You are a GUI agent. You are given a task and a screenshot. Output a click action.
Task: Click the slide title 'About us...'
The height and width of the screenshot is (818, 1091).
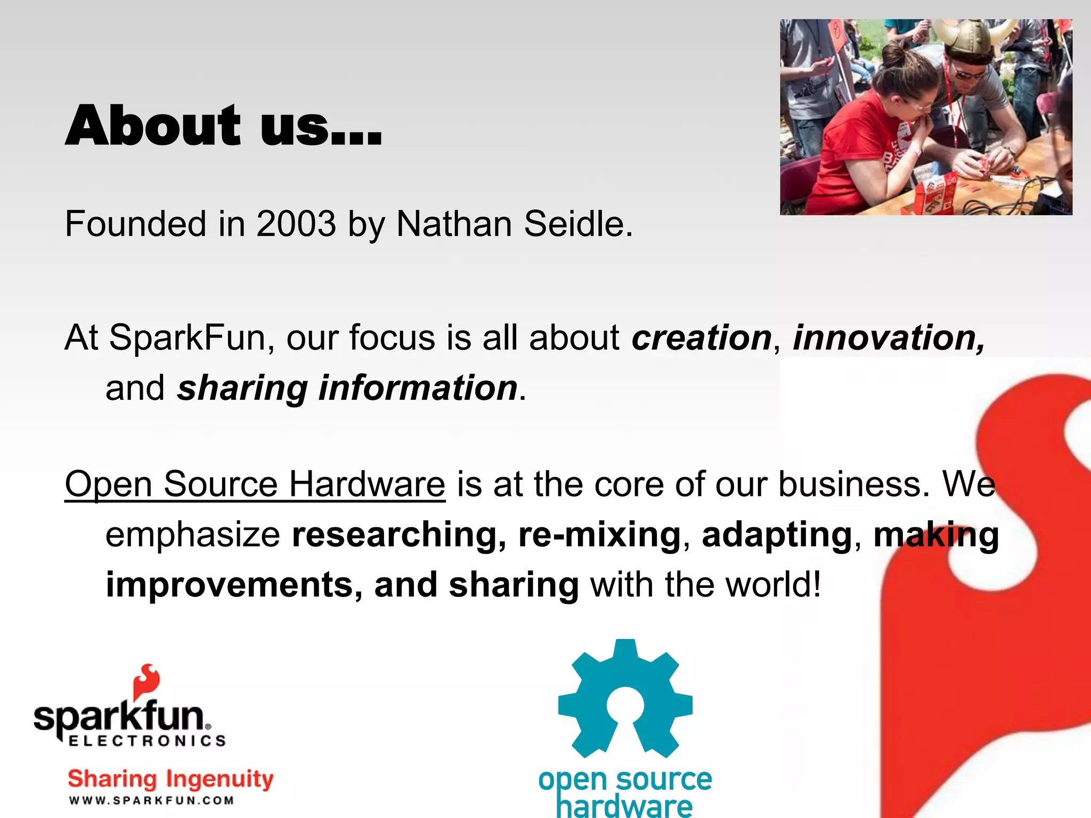tap(224, 126)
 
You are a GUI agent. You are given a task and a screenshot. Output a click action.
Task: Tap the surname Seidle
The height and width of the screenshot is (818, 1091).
tap(578, 224)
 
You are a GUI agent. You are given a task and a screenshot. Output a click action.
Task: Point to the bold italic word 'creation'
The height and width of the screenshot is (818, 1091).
tap(702, 338)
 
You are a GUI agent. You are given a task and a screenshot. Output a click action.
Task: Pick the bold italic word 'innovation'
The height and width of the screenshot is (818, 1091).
tap(889, 338)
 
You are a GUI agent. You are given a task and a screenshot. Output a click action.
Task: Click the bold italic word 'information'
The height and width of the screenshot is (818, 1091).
tap(418, 388)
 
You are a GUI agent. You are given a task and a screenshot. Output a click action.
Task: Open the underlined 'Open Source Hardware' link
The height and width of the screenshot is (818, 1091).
tap(255, 485)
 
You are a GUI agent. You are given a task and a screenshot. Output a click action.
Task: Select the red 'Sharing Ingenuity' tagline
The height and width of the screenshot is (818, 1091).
tap(170, 779)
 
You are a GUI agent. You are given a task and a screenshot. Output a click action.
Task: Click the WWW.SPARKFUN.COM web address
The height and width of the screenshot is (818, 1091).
tap(151, 800)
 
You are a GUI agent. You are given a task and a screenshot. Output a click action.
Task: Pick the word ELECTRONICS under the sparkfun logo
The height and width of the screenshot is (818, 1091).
tap(147, 741)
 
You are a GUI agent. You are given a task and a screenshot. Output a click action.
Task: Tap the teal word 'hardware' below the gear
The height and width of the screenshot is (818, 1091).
tap(624, 806)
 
